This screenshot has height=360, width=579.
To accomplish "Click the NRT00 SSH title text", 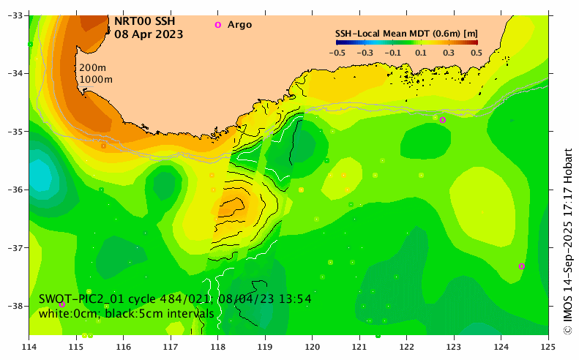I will tap(144, 21).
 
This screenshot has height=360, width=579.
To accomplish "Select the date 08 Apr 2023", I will tap(149, 34).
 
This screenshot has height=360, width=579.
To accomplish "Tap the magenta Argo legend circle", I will tap(217, 25).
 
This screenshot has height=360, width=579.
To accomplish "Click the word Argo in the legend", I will tap(239, 25).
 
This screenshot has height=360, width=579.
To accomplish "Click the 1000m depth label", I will tap(96, 79).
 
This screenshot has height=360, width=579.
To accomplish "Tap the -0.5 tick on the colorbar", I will tap(337, 53).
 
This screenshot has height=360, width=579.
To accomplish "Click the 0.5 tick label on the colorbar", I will tap(476, 53).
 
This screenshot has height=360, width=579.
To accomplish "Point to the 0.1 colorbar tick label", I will tap(420, 53).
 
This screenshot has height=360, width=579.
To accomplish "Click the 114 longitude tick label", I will tap(29, 344).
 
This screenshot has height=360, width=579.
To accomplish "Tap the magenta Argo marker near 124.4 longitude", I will tap(521, 266).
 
